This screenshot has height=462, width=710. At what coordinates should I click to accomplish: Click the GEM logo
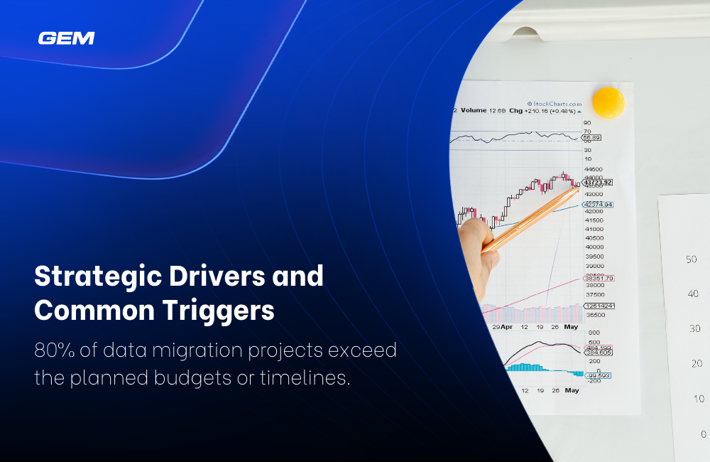[x=66, y=38]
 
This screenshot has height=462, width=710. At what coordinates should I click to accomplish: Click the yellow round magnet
[x=608, y=103]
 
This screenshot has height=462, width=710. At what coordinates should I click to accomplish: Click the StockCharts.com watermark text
[x=554, y=104]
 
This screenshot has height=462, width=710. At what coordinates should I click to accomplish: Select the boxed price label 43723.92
[x=596, y=182]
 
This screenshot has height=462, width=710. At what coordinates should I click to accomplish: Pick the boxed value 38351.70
[x=598, y=278]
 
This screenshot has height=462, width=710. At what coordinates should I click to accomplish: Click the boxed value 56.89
[x=591, y=138]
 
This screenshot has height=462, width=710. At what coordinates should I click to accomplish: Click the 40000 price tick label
[x=594, y=247]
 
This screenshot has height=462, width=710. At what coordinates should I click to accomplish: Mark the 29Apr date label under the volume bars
[x=501, y=327]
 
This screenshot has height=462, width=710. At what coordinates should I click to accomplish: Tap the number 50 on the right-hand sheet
[x=691, y=259]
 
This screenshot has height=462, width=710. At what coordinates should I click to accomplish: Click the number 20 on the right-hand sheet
[x=697, y=364]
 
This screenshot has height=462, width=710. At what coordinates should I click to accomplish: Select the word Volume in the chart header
[x=473, y=111]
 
